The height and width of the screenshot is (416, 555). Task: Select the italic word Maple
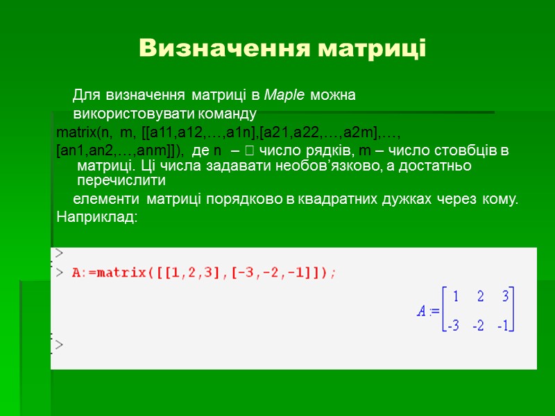tap(285, 95)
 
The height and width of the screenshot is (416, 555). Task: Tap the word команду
tap(225, 114)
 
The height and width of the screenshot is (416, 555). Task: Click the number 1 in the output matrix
tap(456, 297)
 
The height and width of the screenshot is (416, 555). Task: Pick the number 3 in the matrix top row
tap(506, 297)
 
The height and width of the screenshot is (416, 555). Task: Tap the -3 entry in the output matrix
tap(454, 326)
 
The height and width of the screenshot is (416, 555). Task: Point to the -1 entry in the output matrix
tap(504, 326)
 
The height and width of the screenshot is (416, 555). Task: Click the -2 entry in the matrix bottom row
tap(479, 326)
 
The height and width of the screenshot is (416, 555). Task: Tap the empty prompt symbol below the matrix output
tap(60, 345)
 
